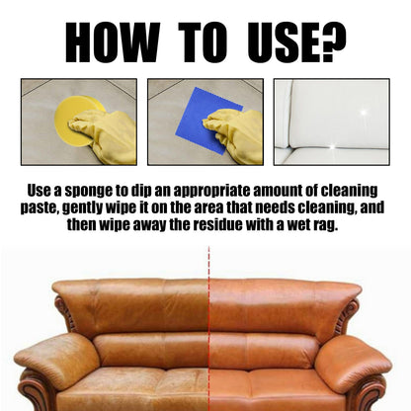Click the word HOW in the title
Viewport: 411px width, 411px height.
pyautogui.click(x=112, y=42)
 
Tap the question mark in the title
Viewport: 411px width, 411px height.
pyautogui.click(x=332, y=42)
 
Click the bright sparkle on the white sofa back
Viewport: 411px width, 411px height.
pyautogui.click(x=364, y=113)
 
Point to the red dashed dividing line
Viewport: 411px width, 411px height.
pyautogui.click(x=208, y=328)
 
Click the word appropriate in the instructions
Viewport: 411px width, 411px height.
pyautogui.click(x=211, y=192)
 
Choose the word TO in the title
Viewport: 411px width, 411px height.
pyautogui.click(x=203, y=42)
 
